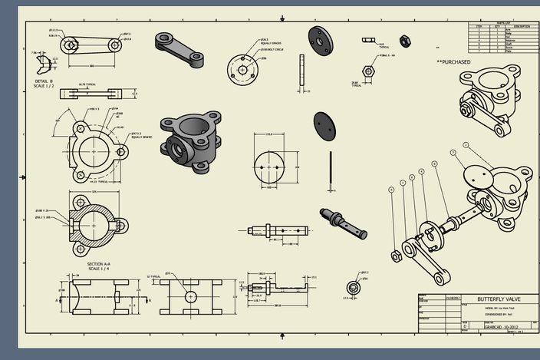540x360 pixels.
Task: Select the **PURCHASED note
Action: (453, 62)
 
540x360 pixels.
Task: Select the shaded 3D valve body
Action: (191, 140)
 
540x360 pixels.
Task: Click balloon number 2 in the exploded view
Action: (465, 144)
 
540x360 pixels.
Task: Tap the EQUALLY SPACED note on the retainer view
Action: (271, 44)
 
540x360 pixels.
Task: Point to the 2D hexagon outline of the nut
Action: (367, 71)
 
